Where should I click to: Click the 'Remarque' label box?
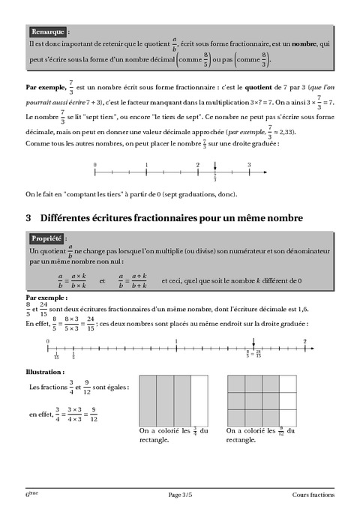48,32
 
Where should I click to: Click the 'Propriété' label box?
47,238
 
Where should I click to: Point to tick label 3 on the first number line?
249,164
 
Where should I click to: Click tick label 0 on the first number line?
94,164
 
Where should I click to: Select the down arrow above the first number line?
215,167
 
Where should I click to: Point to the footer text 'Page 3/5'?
180,496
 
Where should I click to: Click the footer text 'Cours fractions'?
313,496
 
